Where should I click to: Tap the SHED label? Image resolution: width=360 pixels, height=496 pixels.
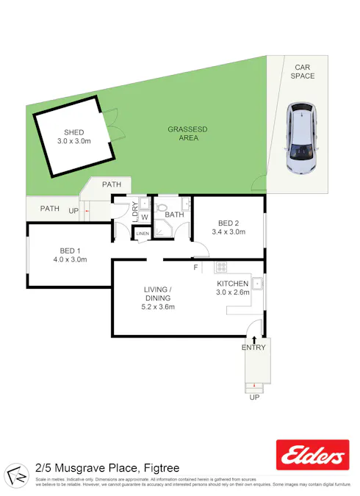(73, 132)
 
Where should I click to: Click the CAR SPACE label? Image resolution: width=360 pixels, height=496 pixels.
(302, 71)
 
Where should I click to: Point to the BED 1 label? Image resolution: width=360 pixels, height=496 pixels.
(70, 250)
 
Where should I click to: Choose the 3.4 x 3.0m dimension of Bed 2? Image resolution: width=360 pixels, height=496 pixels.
(228, 232)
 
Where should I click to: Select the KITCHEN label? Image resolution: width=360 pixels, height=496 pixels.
(233, 283)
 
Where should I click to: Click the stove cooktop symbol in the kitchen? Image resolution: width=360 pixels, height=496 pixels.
(220, 266)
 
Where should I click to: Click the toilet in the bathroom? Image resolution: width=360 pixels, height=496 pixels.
(163, 206)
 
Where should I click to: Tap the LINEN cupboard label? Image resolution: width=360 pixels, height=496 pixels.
(143, 234)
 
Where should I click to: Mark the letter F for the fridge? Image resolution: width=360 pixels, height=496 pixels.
(195, 267)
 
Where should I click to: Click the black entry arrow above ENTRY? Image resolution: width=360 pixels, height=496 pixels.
(254, 339)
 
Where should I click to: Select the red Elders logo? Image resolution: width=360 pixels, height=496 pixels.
(312, 456)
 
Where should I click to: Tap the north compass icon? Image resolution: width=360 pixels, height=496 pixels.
(15, 474)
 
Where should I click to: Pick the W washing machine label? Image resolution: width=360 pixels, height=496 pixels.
(145, 217)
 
